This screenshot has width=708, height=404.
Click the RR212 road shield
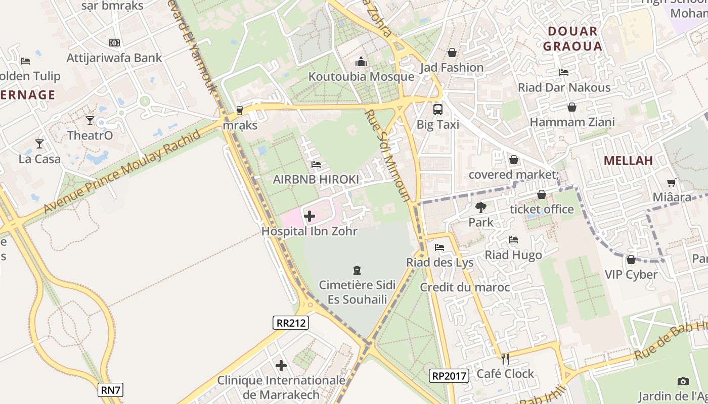coord(290,323)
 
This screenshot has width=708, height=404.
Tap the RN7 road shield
coord(110,389)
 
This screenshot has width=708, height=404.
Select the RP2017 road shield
coord(449,375)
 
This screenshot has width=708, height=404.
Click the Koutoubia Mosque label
coord(361,77)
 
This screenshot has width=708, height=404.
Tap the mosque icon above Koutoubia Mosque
coord(361,62)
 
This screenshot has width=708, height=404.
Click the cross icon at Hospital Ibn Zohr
coord(309,216)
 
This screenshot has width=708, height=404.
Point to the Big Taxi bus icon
coord(438,109)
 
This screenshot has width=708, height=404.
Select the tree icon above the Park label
coord(481,207)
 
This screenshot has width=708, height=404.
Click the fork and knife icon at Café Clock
coord(505,359)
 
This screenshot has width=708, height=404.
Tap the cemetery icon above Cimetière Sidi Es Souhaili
coord(357,270)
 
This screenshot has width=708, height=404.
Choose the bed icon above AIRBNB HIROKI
coord(316,165)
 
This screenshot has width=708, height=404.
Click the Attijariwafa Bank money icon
coord(114,43)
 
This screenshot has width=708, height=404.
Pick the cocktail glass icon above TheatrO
coord(90,121)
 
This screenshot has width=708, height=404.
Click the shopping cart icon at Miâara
coord(671,182)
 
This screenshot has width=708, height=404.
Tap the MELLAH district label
coord(628,161)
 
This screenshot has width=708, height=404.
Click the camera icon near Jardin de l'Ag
coord(683,381)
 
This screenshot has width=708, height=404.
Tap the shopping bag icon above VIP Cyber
coord(631,260)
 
